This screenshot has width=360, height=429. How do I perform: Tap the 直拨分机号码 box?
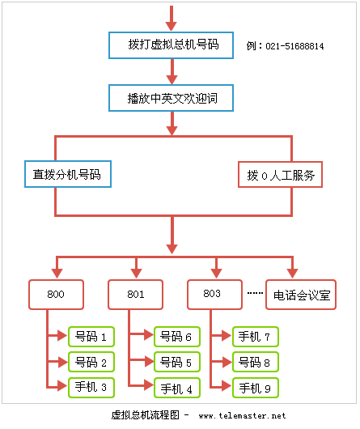tap(66, 174)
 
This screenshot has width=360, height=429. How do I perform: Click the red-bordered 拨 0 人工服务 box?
tap(280, 174)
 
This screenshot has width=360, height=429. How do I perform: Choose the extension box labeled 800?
tap(56, 295)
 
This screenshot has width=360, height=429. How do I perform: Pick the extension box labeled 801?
tap(135, 295)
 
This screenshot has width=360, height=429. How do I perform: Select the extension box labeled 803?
tap(214, 295)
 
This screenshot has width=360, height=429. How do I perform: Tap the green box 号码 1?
tap(91, 336)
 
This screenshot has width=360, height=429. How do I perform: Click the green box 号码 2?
tap(91, 361)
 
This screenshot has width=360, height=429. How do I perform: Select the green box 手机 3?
tap(91, 387)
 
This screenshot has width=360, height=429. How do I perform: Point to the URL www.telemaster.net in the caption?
tap(242, 416)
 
